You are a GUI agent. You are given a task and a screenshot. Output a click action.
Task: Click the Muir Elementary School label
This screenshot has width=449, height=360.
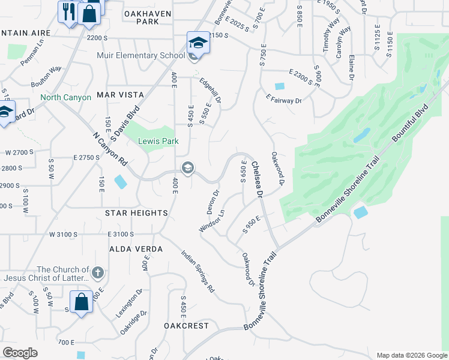pos(140,56)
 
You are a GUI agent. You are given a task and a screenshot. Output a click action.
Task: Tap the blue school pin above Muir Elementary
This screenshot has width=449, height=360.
pos(198,43)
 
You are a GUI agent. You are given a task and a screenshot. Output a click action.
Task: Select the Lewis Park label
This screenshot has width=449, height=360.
pos(150,141)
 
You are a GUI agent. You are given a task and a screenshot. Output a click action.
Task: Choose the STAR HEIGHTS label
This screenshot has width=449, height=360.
pos(136,213)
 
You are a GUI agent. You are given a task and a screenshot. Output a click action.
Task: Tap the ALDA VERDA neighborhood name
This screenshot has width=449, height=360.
pos(136,248)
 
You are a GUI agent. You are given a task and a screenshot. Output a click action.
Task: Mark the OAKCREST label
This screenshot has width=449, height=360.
pos(186,326)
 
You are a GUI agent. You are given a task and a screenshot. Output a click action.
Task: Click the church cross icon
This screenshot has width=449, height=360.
pos(98,273)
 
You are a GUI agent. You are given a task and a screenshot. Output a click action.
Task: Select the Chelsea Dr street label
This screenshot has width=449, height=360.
pos(257,179)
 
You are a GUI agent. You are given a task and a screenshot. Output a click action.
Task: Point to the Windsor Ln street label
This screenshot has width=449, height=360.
pos(212,221)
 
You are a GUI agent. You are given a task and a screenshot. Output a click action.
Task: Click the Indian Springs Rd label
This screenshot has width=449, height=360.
pos(198,270)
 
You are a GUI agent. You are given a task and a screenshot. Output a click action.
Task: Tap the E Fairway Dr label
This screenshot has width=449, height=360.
pos(283,100)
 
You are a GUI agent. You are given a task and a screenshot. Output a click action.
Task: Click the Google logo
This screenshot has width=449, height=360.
pos(20,353)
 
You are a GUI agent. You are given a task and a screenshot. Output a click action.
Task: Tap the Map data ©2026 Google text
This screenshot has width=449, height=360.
pos(411,355)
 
